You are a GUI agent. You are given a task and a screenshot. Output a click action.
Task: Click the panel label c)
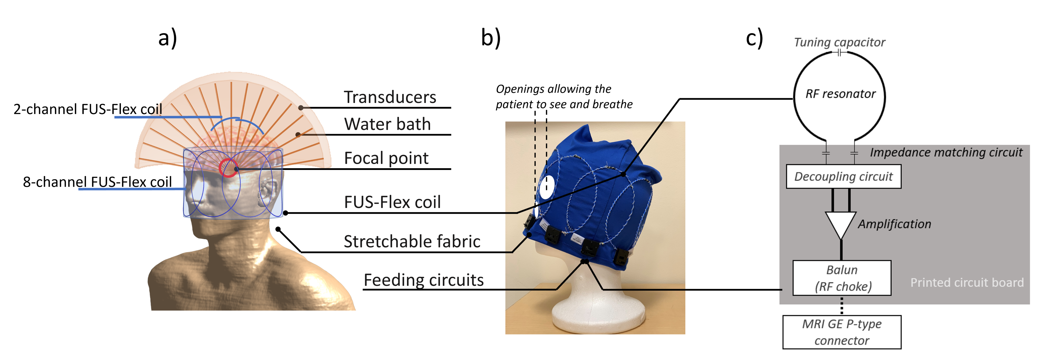pos(754,39)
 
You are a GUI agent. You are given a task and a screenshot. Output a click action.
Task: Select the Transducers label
pos(390,97)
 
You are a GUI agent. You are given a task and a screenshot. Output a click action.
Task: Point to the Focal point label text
pos(386,158)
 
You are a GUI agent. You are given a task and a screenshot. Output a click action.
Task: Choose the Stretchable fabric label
pos(412,241)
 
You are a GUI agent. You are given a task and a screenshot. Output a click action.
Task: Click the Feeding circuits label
pos(423,280)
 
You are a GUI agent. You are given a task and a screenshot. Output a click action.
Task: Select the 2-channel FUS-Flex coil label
pos(88,109)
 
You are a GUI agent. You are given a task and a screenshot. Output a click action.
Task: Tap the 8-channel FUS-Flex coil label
pos(97,182)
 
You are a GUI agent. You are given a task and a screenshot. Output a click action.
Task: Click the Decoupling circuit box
pos(843,177)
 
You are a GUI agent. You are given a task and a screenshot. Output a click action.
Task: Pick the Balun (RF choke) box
pos(842,278)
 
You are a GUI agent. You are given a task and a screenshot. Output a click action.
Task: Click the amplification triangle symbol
pos(841,224)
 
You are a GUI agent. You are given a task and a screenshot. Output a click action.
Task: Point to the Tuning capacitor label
pos(839,42)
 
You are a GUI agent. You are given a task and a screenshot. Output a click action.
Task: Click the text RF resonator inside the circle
pos(840,94)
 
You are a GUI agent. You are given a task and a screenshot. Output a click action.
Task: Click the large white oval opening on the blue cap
pos(546,187)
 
